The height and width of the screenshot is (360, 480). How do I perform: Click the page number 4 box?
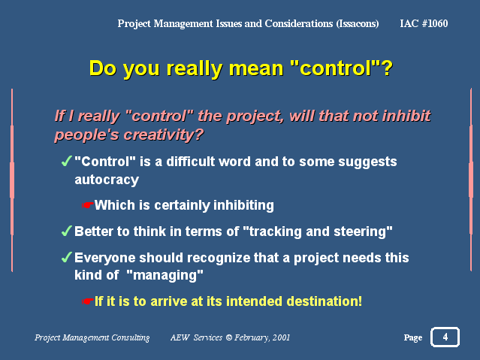(x=445, y=337)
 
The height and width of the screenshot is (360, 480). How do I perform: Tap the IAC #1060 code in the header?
(x=424, y=23)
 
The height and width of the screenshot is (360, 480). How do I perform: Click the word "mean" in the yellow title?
(x=256, y=68)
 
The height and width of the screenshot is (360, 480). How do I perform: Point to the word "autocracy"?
(x=107, y=180)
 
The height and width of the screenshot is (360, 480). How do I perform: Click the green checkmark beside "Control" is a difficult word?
(x=66, y=161)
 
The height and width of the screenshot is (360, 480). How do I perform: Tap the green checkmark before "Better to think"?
(x=66, y=231)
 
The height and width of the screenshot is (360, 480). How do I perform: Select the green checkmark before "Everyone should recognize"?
(x=66, y=257)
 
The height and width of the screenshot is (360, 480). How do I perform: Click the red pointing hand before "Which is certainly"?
(x=87, y=205)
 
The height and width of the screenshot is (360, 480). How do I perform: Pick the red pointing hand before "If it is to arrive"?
(x=87, y=301)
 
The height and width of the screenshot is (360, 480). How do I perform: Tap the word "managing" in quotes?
(x=165, y=275)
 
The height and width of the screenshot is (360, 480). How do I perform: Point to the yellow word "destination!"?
(x=325, y=301)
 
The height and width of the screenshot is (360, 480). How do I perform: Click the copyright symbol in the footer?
(x=228, y=337)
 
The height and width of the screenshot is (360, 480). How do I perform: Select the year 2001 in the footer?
(x=281, y=337)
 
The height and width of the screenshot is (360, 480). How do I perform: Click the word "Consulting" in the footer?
(x=131, y=337)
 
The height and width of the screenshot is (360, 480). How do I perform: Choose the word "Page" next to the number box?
(x=413, y=337)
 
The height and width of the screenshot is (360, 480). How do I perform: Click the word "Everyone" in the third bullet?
(x=105, y=259)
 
